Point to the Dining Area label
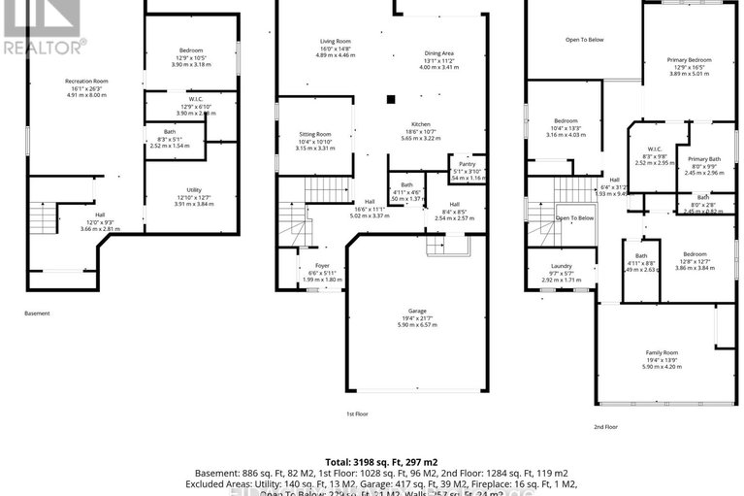(439, 53)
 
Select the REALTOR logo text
(44, 45)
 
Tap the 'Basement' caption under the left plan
(37, 314)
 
